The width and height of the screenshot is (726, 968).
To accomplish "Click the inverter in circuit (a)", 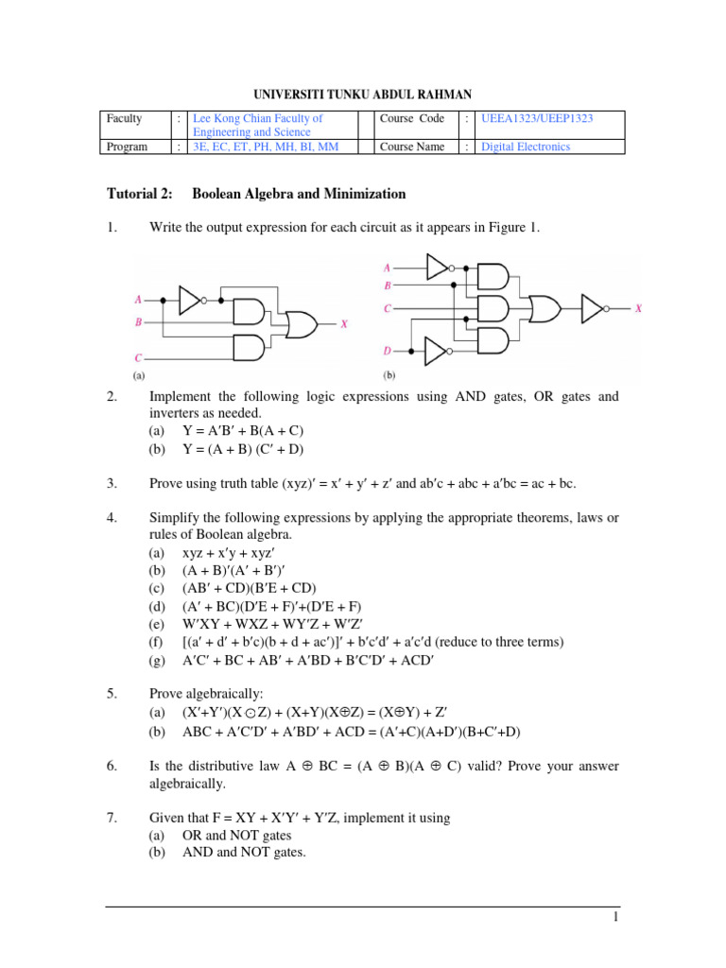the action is (190, 301).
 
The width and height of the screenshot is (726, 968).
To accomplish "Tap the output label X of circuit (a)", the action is (344, 324).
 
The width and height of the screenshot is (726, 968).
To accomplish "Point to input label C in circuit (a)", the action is (138, 359).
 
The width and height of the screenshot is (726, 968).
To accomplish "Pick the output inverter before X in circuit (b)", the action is (594, 308).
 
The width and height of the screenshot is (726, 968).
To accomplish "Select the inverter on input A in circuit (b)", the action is (439, 268).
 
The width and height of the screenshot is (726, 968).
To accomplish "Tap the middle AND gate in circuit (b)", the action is (492, 308).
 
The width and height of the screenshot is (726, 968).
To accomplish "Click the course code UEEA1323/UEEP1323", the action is (537, 118).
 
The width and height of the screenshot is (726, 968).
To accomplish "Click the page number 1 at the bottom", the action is (614, 918).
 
